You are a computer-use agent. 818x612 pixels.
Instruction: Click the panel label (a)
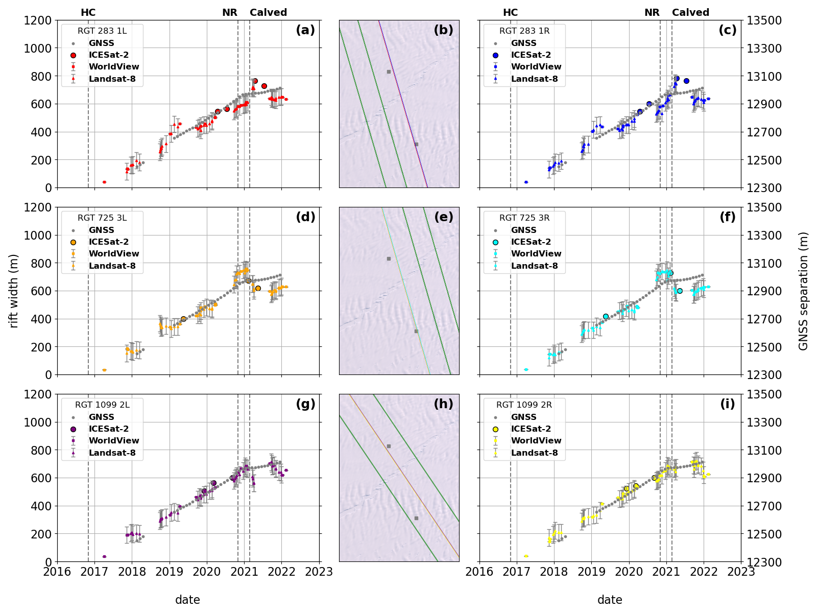click(x=305, y=30)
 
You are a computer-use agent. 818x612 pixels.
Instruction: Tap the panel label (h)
click(x=443, y=404)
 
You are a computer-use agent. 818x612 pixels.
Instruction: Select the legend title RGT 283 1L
click(x=102, y=31)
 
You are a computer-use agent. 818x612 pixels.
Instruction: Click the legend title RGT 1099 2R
click(x=524, y=405)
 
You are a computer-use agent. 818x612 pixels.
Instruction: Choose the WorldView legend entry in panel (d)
click(x=113, y=253)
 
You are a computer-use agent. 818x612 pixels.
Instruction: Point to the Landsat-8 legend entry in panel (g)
click(x=112, y=453)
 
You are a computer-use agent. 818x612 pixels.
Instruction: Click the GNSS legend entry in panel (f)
click(x=523, y=230)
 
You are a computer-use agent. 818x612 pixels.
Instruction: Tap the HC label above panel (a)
click(x=88, y=12)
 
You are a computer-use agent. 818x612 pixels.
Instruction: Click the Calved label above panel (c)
click(x=690, y=12)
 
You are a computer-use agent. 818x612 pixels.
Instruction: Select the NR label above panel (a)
click(x=230, y=12)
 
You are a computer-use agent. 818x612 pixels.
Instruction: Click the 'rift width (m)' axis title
click(x=14, y=291)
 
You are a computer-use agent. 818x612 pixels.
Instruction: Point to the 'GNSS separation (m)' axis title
click(x=804, y=291)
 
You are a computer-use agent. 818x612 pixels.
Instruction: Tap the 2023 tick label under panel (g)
click(x=319, y=572)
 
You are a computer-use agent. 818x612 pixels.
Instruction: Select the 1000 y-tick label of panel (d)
click(x=39, y=236)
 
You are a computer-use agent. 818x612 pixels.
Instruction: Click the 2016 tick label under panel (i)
click(x=479, y=572)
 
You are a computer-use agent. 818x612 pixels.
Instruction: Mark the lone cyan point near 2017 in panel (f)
click(x=526, y=369)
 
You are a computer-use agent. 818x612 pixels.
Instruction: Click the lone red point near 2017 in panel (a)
click(x=104, y=182)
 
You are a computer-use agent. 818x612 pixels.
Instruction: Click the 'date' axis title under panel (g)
click(x=187, y=600)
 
